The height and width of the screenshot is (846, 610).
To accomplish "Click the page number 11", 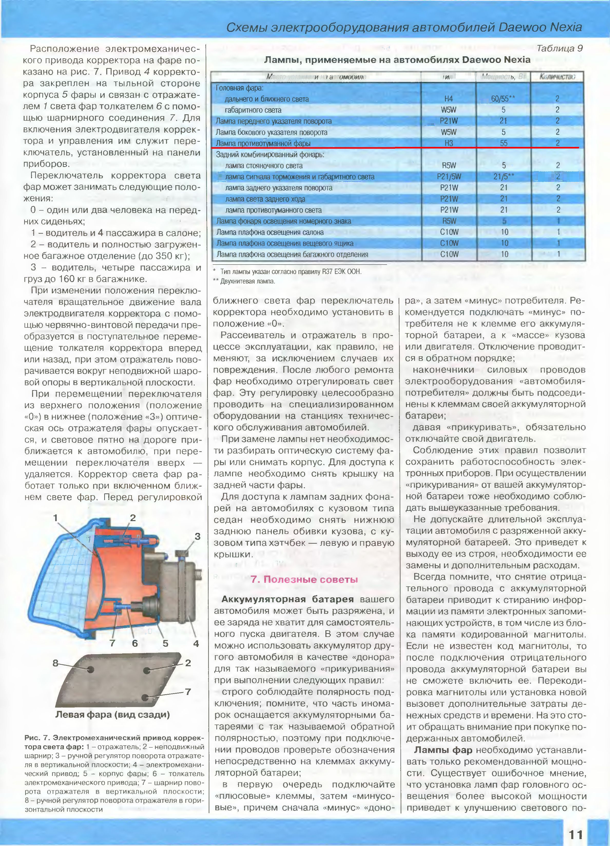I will (575, 834).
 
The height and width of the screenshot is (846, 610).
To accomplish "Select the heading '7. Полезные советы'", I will (304, 579).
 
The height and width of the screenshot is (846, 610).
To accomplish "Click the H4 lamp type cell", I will (448, 99).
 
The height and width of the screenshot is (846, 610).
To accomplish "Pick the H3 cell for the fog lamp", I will (448, 143).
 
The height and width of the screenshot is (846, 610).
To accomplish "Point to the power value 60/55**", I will (503, 99).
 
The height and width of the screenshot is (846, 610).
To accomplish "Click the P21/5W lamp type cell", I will (449, 176).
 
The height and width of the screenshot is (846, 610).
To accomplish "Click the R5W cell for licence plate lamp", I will (449, 221).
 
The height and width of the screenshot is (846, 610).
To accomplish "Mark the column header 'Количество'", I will (557, 77).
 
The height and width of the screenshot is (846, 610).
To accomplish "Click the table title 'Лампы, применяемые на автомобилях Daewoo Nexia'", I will (397, 60).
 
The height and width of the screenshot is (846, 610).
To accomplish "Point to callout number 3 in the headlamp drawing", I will (198, 537).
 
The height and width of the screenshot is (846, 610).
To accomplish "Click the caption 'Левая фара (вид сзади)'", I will (113, 714).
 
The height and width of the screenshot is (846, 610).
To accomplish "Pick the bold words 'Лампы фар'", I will (443, 750).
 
